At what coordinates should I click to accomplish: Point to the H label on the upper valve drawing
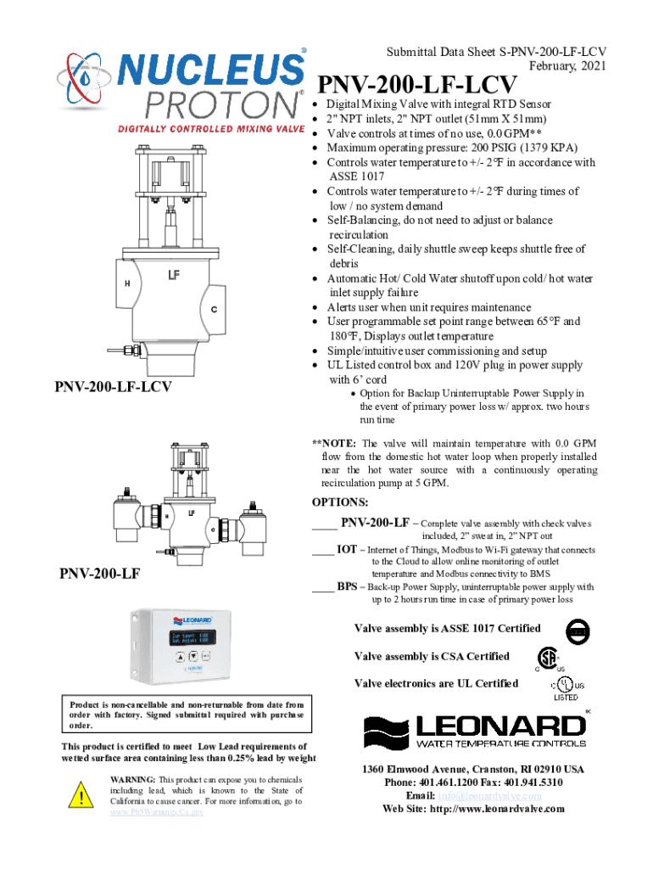(x=127, y=283)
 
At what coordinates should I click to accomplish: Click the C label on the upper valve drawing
(x=214, y=309)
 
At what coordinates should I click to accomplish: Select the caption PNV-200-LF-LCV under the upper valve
(x=114, y=387)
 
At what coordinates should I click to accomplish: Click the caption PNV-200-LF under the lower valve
(x=100, y=576)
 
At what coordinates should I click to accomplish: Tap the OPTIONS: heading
(x=340, y=502)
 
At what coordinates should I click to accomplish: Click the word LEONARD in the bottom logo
(x=500, y=726)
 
